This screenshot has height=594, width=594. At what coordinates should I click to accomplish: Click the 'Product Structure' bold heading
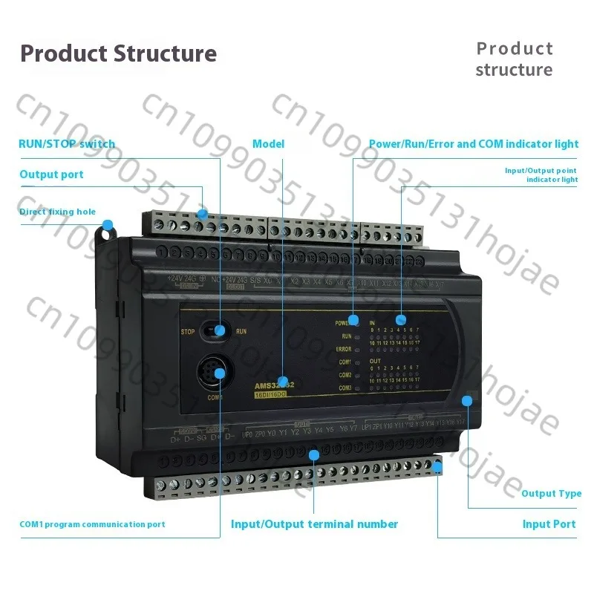click(118, 53)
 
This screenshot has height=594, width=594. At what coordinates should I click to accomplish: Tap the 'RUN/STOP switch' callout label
click(67, 144)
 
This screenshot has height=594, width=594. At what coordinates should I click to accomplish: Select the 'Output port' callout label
click(51, 174)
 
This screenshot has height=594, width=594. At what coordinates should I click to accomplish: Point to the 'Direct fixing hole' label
click(57, 212)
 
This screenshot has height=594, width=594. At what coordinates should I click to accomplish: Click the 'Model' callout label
click(268, 144)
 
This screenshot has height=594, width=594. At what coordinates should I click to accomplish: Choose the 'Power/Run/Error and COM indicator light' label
click(474, 144)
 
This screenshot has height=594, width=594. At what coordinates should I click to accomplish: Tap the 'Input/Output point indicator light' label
click(541, 174)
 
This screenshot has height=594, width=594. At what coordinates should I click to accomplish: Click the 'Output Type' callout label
click(551, 494)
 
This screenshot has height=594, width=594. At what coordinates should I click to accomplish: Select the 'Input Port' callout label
click(549, 524)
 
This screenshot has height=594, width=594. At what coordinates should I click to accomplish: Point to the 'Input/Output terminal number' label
click(314, 524)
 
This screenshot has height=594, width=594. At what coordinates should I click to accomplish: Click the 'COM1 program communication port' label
click(92, 524)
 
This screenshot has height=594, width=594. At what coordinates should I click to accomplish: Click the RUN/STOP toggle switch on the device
click(218, 330)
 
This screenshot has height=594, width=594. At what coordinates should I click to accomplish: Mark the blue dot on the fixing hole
click(108, 224)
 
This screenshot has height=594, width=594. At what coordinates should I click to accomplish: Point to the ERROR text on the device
click(343, 349)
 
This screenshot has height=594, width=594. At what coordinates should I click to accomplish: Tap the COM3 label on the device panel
click(345, 388)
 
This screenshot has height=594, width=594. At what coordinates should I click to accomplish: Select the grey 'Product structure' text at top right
click(514, 59)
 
